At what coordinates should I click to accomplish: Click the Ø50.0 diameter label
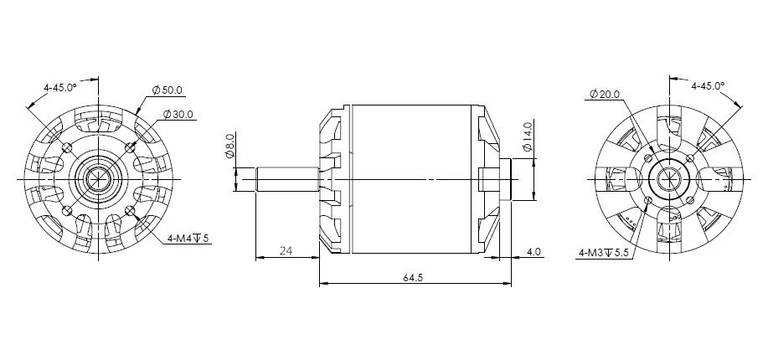pyautogui.click(x=168, y=90)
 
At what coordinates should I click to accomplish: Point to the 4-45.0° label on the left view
pyautogui.click(x=60, y=86)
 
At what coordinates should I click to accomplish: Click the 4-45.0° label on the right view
pyautogui.click(x=708, y=86)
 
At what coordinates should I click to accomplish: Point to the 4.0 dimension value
pyautogui.click(x=533, y=250)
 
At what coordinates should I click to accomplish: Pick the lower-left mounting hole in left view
pyautogui.click(x=67, y=209)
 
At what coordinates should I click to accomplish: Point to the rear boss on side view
pyautogui.click(x=504, y=179)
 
